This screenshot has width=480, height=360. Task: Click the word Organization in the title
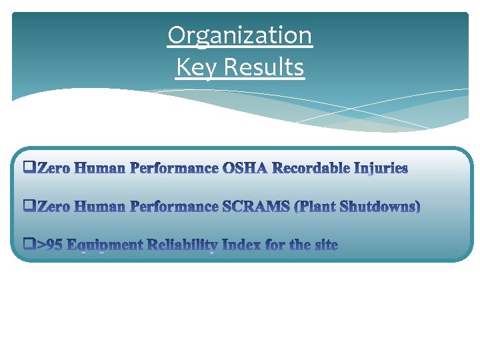(x=239, y=35)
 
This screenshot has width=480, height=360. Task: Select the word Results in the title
(x=264, y=67)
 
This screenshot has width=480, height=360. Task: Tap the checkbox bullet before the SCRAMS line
(x=29, y=207)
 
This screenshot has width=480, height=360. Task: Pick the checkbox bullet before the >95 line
(x=29, y=245)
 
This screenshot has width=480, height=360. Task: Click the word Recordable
(x=311, y=168)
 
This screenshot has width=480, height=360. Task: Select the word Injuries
(x=381, y=168)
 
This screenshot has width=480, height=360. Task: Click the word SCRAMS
(x=257, y=207)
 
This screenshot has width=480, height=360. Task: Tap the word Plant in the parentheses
(x=316, y=207)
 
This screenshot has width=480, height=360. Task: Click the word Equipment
(x=104, y=245)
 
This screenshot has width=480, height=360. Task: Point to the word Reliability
(x=182, y=245)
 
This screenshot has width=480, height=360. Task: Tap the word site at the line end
(x=325, y=245)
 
